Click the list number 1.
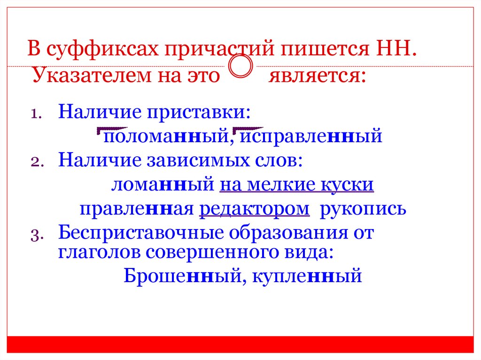click(x=36, y=114)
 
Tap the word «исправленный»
click(x=311, y=137)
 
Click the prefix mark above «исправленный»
click(x=248, y=129)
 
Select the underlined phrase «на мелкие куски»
click(x=296, y=184)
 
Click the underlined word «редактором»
click(x=255, y=209)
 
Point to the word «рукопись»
click(x=363, y=209)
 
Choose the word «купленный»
click(x=307, y=276)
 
